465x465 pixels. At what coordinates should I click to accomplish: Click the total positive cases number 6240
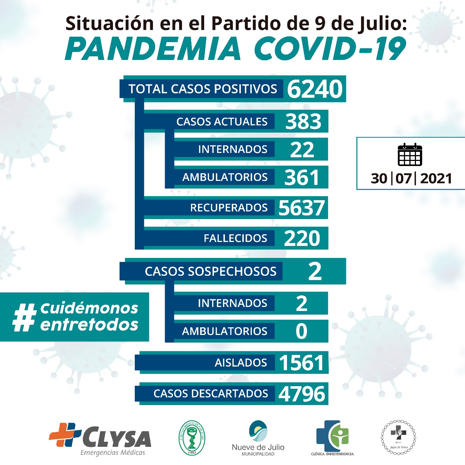pos(315,89)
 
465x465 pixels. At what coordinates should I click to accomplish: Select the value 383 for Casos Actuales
pos(303,121)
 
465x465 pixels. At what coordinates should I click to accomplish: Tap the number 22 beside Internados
pos(302,149)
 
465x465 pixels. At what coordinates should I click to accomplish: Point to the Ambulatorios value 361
pos(302,177)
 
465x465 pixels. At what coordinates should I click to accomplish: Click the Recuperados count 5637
pos(302,208)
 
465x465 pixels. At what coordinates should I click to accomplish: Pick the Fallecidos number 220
pos(302,238)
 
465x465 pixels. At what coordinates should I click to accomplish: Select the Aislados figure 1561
pos(302,363)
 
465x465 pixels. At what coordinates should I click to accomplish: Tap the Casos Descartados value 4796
pos(302,394)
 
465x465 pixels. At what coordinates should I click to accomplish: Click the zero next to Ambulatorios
pos(302,331)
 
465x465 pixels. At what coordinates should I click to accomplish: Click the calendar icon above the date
pos(410,155)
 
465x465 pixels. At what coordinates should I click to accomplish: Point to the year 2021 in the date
pos(436,178)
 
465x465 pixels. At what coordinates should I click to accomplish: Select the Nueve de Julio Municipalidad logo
pos(258,438)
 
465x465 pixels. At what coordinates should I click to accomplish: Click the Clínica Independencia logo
pos(332,438)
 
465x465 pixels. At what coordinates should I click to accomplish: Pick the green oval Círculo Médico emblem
pos(192,437)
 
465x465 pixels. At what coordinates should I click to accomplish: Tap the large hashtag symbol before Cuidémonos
pos(25,317)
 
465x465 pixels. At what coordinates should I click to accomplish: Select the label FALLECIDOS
pos(235,238)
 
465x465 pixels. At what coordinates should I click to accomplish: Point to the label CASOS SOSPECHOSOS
pos(211,271)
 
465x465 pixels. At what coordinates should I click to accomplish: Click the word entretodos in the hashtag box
pos(89,324)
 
